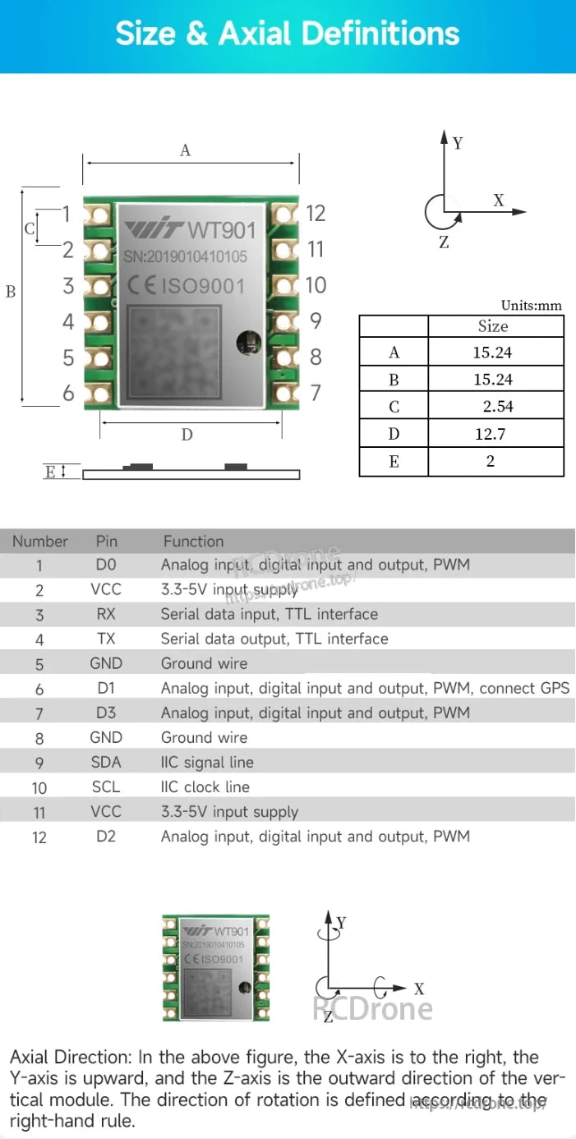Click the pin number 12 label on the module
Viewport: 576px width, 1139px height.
click(x=316, y=214)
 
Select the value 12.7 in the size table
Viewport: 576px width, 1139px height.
click(x=490, y=434)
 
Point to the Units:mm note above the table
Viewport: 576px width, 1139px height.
click(x=532, y=306)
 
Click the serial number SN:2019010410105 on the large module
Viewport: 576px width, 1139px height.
click(x=185, y=257)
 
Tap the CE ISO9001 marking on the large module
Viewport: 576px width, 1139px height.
click(x=187, y=286)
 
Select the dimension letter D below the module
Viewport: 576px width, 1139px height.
click(x=187, y=435)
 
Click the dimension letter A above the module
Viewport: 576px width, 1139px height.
click(x=185, y=150)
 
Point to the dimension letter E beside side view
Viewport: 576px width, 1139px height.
click(x=50, y=472)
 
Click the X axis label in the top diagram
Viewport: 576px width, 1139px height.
click(x=498, y=200)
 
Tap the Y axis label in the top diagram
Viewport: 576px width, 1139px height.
click(x=458, y=144)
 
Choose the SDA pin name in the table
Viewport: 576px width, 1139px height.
click(x=106, y=763)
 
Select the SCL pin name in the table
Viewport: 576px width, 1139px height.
click(x=106, y=787)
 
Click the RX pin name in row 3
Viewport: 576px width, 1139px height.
click(x=106, y=615)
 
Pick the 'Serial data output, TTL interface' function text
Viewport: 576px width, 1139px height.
click(x=274, y=639)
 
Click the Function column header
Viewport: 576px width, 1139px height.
click(x=193, y=542)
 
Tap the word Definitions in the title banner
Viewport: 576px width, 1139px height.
click(x=380, y=34)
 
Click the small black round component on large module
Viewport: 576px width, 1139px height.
click(x=245, y=342)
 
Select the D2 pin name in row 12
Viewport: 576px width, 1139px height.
click(x=106, y=837)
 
